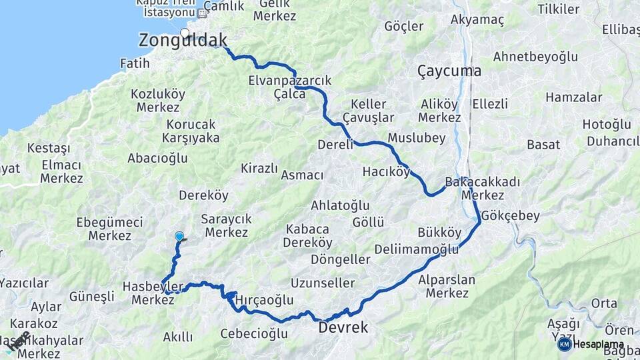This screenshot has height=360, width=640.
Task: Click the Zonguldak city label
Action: [x=183, y=41]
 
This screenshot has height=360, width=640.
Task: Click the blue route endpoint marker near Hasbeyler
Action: [x=179, y=236]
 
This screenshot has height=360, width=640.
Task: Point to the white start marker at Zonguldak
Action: [x=185, y=32]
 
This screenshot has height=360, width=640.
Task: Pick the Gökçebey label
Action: [x=510, y=216]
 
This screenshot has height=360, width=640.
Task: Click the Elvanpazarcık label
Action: [x=289, y=81]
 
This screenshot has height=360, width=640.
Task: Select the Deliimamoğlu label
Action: [x=417, y=249]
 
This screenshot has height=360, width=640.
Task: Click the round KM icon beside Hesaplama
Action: [x=564, y=344]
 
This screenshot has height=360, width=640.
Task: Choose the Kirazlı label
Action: [x=259, y=168]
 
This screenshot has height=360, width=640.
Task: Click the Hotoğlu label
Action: [x=607, y=125]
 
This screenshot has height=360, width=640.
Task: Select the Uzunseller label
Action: [x=323, y=283]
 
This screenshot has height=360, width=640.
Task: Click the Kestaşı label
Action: [x=49, y=148]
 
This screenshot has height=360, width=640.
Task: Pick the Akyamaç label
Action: [x=477, y=20]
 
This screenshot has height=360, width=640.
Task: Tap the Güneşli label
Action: [x=92, y=297]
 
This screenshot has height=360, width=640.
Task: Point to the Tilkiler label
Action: [x=558, y=9]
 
